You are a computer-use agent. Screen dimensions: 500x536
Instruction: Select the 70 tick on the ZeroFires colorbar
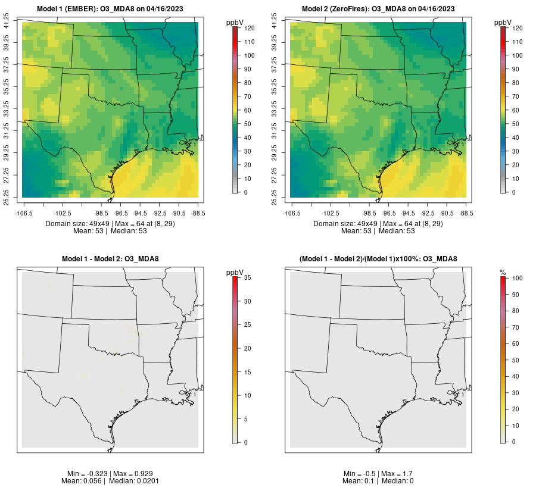point(516,96)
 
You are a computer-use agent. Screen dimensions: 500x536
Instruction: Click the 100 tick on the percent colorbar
point(517,278)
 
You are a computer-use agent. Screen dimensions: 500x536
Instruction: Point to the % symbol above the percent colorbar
point(503,273)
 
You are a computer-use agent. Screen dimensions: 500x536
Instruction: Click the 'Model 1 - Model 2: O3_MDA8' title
point(111,259)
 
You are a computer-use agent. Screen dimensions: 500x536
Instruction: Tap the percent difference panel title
point(379,259)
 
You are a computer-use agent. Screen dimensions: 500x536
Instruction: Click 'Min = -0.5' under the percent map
point(359,473)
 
